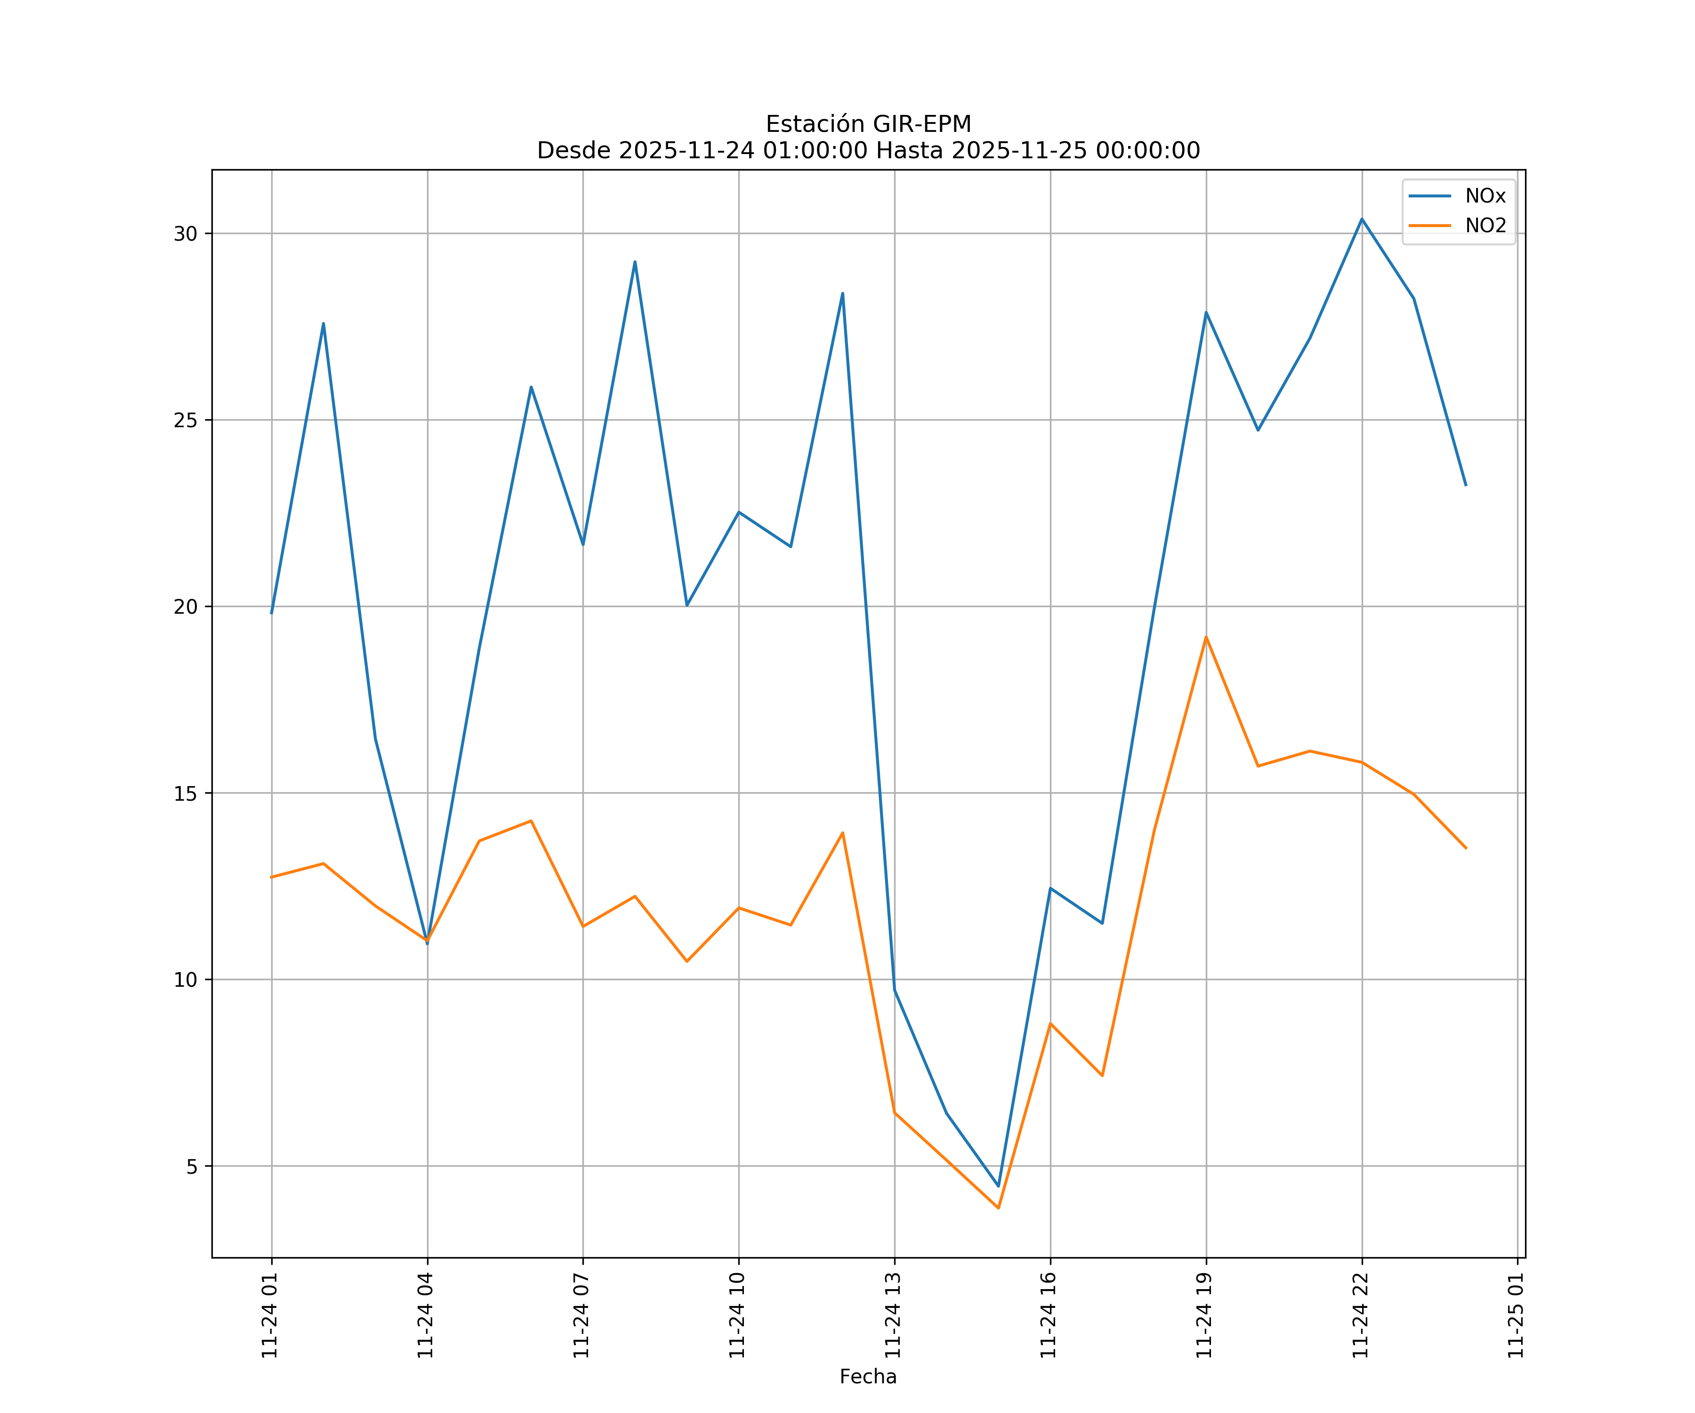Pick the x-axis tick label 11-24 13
893,1316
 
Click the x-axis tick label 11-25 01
1516,1316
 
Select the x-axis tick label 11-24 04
425,1316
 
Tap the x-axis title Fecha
868,1377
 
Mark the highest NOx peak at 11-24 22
1362,219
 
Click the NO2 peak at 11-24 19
1206,637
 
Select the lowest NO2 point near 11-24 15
999,1208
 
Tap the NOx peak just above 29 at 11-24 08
635,261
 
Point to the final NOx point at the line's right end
1466,485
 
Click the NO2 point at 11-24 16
1050,1024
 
